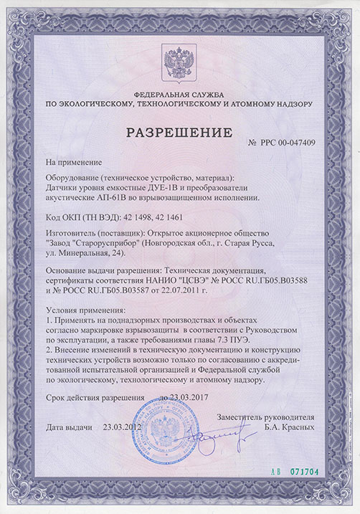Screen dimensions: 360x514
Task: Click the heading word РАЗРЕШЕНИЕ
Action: point(180,132)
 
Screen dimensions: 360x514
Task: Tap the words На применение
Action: point(74,163)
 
